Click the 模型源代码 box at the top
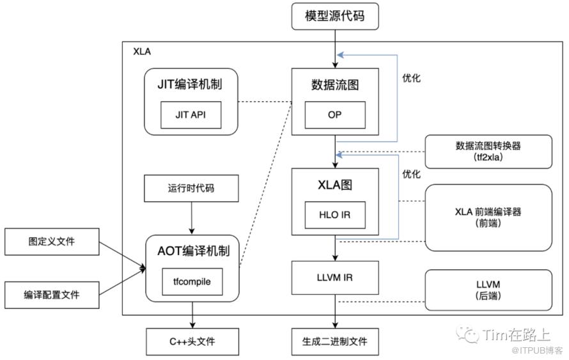pyautogui.click(x=336, y=16)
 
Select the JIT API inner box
pyautogui.click(x=192, y=116)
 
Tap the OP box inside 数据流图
pyautogui.click(x=335, y=115)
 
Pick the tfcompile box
pyautogui.click(x=192, y=282)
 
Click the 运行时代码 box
pyautogui.click(x=192, y=189)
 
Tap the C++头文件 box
pyautogui.click(x=192, y=341)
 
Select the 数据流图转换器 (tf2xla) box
pyautogui.click(x=489, y=152)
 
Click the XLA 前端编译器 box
pyautogui.click(x=489, y=217)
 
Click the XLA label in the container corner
pyautogui.click(x=142, y=51)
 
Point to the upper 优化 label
pyautogui.click(x=411, y=79)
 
